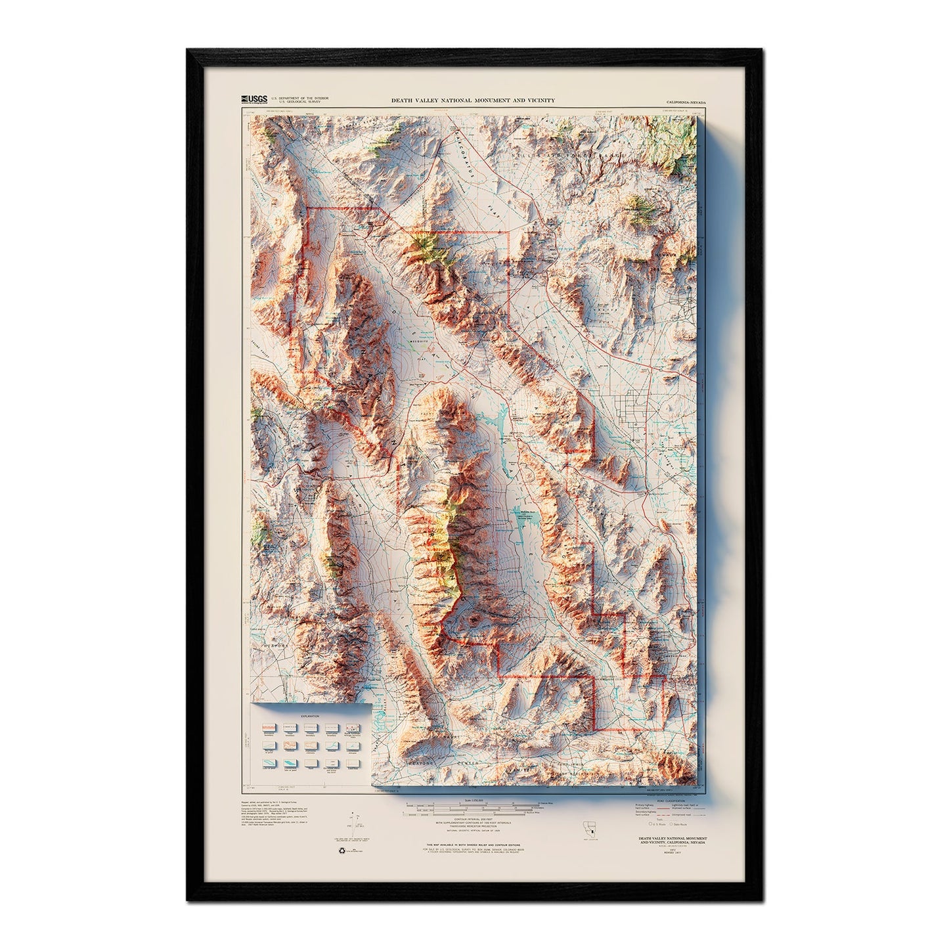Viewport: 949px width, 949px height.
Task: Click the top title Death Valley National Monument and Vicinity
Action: click(x=473, y=100)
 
